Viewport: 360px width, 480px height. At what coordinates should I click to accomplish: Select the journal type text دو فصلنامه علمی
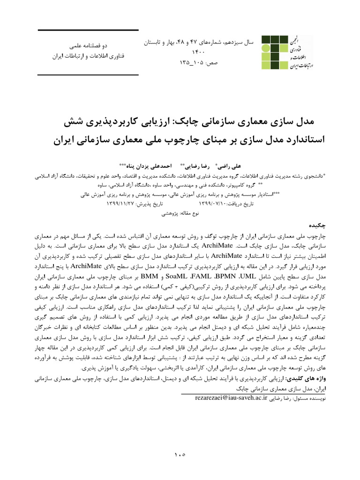89,46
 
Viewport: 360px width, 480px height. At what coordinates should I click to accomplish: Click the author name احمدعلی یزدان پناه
150,166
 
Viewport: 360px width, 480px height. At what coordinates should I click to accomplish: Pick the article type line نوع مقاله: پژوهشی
180,213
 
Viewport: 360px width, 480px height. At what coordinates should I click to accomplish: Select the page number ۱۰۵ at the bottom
180,454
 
